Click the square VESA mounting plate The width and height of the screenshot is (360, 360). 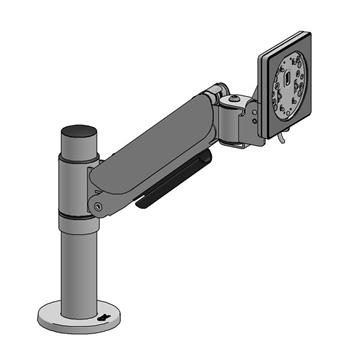click(x=291, y=91)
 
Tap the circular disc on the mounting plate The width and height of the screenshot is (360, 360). click(x=291, y=89)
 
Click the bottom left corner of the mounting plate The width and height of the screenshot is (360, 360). click(x=268, y=135)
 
